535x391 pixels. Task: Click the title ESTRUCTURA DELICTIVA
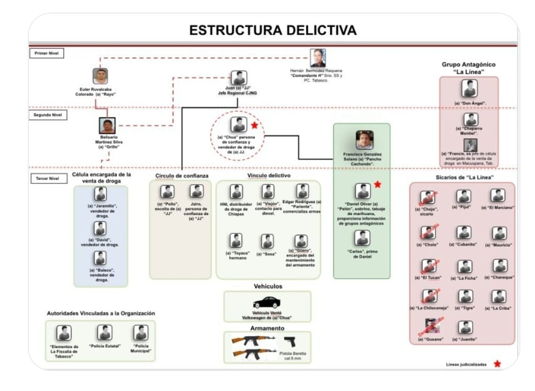pos(272,30)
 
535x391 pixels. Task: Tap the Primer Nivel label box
pos(47,53)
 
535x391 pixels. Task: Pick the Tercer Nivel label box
pos(48,178)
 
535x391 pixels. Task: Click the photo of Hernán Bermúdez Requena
pos(318,58)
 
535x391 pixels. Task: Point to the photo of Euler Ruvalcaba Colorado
pos(100,76)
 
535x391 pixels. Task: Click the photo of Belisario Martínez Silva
pos(107,126)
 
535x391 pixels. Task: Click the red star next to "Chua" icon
pos(254,125)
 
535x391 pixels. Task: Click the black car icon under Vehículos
pos(267,303)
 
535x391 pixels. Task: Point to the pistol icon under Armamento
pos(289,342)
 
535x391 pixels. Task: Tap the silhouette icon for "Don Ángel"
pos(470,88)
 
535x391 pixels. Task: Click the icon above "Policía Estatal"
pos(105,332)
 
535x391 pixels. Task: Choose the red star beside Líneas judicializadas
pos(497,364)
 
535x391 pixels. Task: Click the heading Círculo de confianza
pos(182,175)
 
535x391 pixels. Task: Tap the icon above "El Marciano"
pos(498,196)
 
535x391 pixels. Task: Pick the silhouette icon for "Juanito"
pos(464,328)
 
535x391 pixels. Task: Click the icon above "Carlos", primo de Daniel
pos(362,238)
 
